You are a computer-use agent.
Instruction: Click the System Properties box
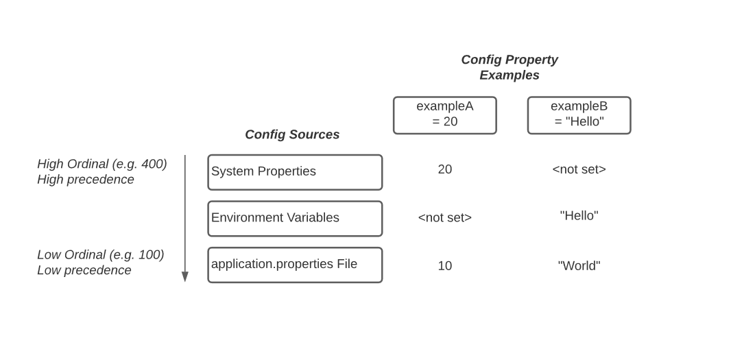point(295,172)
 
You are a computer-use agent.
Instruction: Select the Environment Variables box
point(295,218)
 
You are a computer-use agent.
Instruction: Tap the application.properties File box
point(295,265)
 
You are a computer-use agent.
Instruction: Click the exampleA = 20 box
point(444,115)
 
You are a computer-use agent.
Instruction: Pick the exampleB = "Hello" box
point(579,115)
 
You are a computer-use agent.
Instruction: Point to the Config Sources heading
point(292,134)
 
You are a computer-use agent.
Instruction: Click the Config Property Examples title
point(509,67)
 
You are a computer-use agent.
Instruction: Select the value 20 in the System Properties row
point(444,169)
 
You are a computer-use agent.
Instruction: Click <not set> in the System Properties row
point(579,169)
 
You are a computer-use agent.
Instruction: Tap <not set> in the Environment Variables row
point(444,217)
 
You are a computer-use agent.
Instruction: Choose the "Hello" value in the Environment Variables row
point(579,215)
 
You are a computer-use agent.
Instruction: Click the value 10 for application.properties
point(444,266)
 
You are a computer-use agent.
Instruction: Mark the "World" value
point(579,266)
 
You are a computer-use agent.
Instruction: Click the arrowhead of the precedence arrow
point(184,276)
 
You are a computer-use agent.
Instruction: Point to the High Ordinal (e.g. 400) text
point(102,164)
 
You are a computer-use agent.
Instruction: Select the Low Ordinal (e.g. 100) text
point(101,255)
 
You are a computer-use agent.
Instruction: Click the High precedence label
point(86,180)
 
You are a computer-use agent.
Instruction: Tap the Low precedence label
point(84,270)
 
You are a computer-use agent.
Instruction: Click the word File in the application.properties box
point(347,264)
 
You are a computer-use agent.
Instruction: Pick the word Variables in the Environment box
point(313,217)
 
